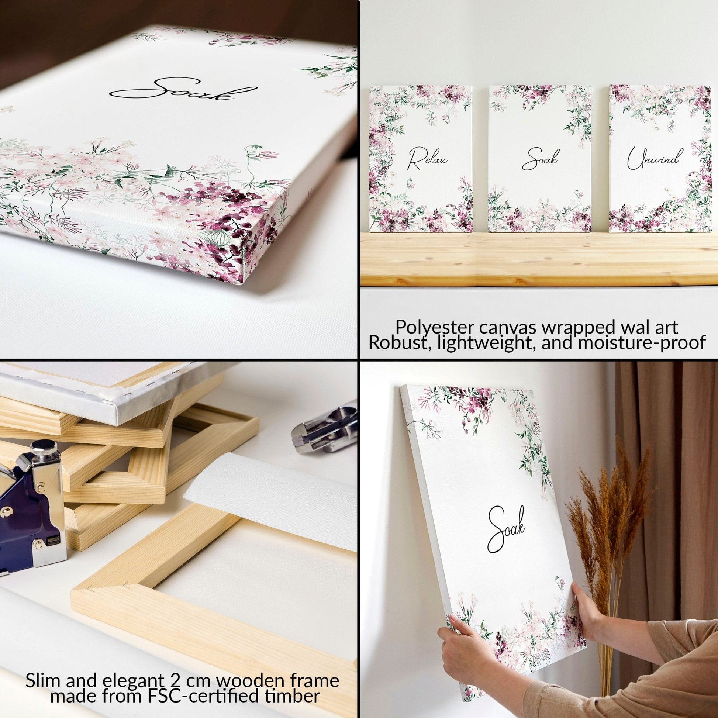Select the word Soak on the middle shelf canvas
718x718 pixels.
coord(540,160)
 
